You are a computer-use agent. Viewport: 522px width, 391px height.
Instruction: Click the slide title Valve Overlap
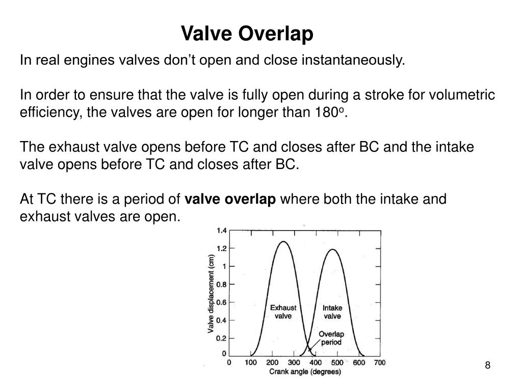pyautogui.click(x=247, y=34)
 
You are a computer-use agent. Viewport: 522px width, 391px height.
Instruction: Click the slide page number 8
pyautogui.click(x=487, y=365)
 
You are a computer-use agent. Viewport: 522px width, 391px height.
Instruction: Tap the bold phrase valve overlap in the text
pyautogui.click(x=230, y=199)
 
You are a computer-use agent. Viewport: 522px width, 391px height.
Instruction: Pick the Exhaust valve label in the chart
pyautogui.click(x=283, y=312)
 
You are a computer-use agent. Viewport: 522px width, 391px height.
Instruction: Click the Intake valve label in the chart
pyautogui.click(x=332, y=312)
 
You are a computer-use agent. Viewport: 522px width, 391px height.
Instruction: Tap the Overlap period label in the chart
pyautogui.click(x=331, y=338)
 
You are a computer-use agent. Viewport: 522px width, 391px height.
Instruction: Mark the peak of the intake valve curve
pyautogui.click(x=332, y=249)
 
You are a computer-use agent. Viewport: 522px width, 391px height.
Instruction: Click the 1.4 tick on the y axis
pyautogui.click(x=221, y=230)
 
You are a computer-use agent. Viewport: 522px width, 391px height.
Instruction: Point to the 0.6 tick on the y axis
pyautogui.click(x=221, y=302)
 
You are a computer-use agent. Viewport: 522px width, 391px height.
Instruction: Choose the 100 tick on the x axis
pyautogui.click(x=250, y=363)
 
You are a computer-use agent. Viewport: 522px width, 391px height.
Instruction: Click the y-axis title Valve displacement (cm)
pyautogui.click(x=211, y=294)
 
